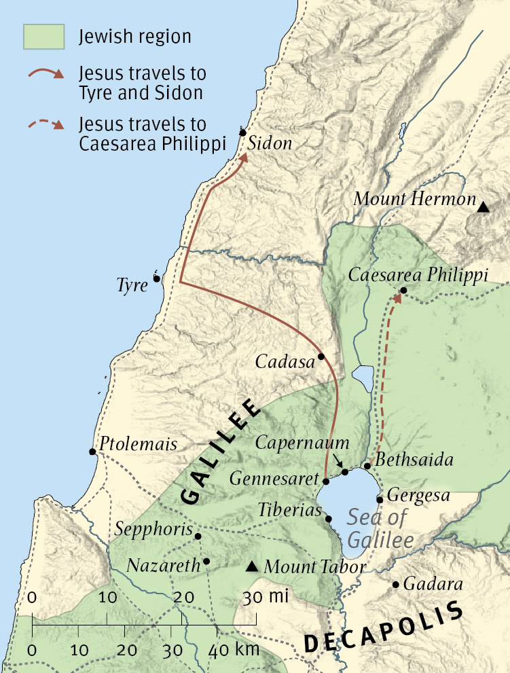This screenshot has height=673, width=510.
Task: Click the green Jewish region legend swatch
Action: click(44, 37)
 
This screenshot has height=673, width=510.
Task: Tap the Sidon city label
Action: click(270, 143)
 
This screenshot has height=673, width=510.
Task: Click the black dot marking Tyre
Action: click(157, 278)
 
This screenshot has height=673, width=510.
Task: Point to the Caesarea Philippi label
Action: click(418, 275)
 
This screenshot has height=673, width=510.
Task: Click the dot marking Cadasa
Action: click(321, 356)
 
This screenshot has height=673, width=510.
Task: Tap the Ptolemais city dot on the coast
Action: click(92, 452)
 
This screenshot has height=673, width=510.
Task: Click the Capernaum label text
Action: click(302, 443)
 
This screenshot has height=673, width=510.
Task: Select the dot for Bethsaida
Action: click(367, 466)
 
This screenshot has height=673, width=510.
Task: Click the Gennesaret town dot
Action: click(326, 481)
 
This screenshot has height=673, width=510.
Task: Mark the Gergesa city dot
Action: click(380, 499)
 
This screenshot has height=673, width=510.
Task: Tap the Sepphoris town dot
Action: click(198, 536)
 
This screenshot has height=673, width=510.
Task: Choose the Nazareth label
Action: click(164, 564)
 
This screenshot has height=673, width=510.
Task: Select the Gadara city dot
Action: click(395, 584)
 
